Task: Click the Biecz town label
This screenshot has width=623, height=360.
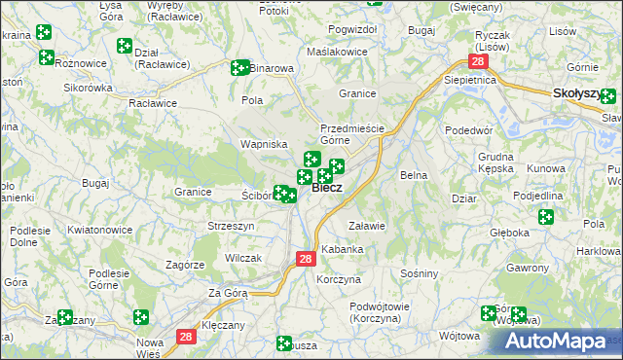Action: click(x=327, y=189)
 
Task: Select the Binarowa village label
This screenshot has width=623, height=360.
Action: click(x=272, y=69)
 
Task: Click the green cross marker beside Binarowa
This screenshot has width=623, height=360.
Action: click(x=238, y=68)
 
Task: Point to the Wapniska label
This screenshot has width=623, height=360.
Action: click(x=264, y=144)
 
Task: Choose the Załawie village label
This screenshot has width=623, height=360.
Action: click(x=368, y=226)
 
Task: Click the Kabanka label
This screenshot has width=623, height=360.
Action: click(x=343, y=250)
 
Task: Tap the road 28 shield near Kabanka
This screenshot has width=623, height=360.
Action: click(x=305, y=259)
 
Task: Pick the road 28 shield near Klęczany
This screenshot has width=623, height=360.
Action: click(x=187, y=336)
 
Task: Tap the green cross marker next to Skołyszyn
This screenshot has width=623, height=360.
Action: click(x=608, y=96)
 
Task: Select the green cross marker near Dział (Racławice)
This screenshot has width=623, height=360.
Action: click(x=125, y=45)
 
